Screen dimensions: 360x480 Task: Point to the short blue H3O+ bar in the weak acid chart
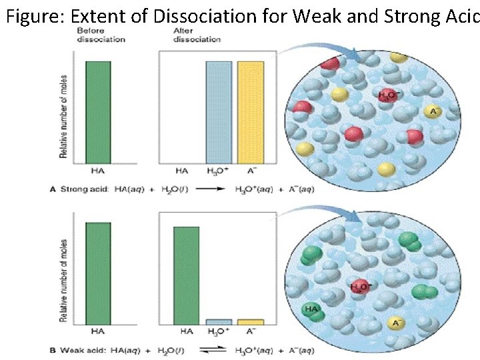point(218,321)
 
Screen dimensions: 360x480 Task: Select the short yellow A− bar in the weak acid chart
point(251,321)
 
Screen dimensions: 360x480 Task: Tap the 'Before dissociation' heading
point(101,35)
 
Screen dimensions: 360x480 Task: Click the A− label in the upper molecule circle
point(435,112)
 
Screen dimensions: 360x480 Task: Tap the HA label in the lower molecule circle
point(311,309)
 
